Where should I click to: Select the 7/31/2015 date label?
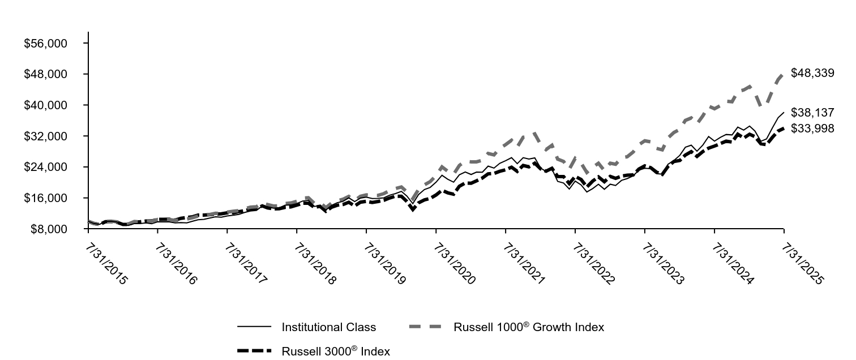[105, 264]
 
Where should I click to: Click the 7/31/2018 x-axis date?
[314, 264]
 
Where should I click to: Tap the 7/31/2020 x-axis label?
[453, 264]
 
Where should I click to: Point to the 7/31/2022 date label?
[592, 264]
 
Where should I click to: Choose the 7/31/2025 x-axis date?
[801, 264]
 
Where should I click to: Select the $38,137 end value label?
[812, 113]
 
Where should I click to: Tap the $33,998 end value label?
[812, 128]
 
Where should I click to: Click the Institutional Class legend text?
[328, 327]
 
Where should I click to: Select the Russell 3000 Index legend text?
[336, 352]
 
